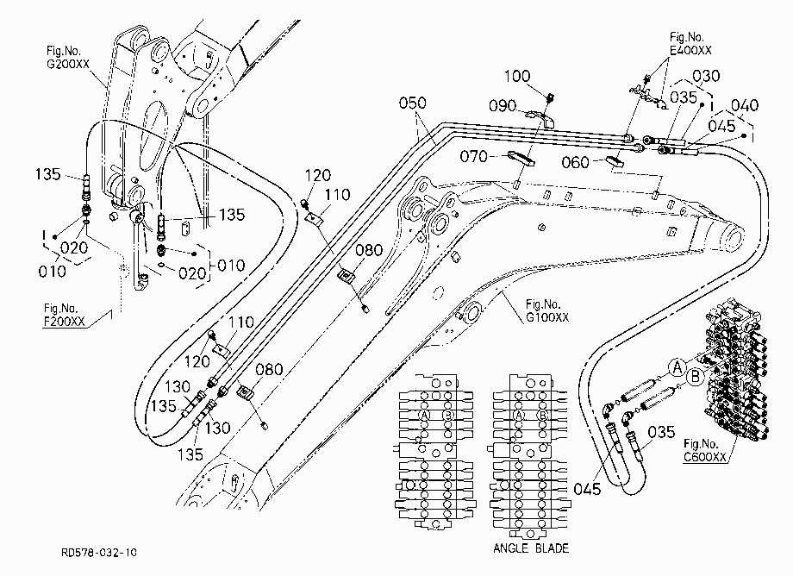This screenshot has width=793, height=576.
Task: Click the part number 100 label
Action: click(x=517, y=77)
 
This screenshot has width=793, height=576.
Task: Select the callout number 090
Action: click(x=503, y=106)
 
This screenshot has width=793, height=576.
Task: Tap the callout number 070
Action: click(x=473, y=156)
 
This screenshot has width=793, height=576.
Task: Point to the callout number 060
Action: click(x=576, y=162)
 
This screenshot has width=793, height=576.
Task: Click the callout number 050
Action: click(x=413, y=103)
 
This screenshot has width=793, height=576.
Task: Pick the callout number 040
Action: click(x=745, y=105)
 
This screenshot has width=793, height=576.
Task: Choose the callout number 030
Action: click(x=706, y=77)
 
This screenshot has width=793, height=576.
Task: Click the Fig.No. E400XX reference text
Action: click(x=690, y=43)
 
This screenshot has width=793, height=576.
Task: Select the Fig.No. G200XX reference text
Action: click(x=68, y=58)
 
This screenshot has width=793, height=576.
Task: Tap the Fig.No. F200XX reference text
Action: click(x=65, y=315)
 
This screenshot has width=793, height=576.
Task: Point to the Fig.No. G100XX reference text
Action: click(x=547, y=310)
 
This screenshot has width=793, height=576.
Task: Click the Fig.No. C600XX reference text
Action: click(x=705, y=450)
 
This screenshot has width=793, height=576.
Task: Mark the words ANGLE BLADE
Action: click(x=531, y=548)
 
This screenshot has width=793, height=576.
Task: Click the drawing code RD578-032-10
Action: click(x=98, y=552)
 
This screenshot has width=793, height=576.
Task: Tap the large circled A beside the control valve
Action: click(x=677, y=367)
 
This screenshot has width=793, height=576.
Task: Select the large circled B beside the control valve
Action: click(x=696, y=377)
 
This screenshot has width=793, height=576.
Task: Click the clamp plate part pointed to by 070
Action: click(x=521, y=158)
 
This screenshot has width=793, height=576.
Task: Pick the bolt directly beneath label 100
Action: click(x=552, y=95)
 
